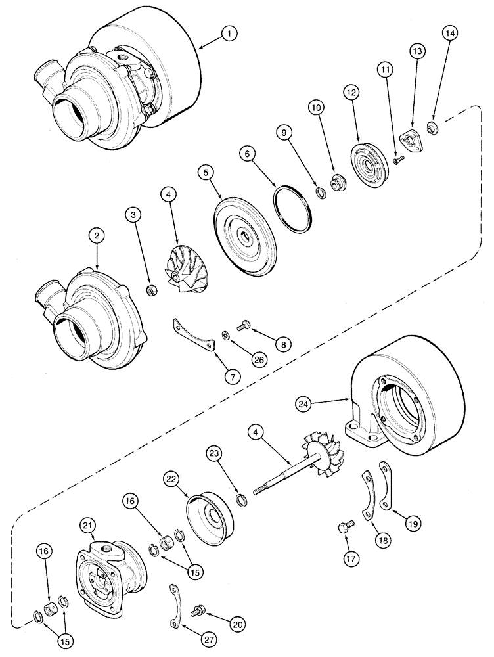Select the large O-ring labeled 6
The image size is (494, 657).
point(292,209)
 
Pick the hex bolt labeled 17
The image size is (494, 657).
point(344,526)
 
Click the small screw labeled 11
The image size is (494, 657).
point(397,158)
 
